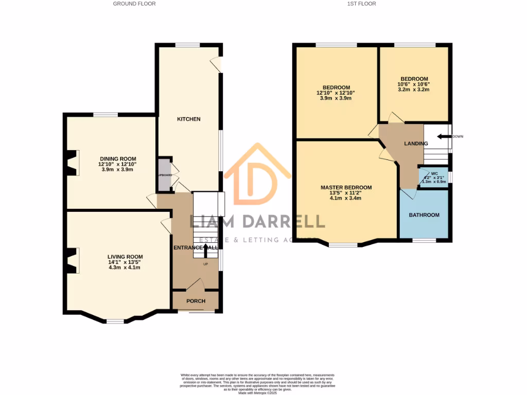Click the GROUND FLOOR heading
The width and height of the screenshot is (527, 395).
pos(134,4)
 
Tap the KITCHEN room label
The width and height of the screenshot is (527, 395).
pos(189,119)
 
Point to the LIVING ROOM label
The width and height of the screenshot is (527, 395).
pos(125,257)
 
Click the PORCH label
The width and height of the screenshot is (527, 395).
pos(196,301)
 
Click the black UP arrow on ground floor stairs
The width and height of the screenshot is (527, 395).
pos(206,250)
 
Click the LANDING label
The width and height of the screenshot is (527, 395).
pos(416,143)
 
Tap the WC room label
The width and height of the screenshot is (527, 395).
pos(434,173)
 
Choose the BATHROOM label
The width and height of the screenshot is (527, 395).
pos(424,215)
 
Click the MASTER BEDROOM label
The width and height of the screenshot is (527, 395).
pos(346,188)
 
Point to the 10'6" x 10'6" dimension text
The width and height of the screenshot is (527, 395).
pos(413,84)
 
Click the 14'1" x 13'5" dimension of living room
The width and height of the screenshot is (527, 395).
pos(125,262)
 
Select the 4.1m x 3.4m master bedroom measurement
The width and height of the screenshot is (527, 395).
pos(346,199)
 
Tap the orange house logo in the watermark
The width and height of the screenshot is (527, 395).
pos(257,175)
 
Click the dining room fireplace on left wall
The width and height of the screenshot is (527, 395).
pos(73,163)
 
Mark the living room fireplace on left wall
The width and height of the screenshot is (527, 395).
pos(73,261)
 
